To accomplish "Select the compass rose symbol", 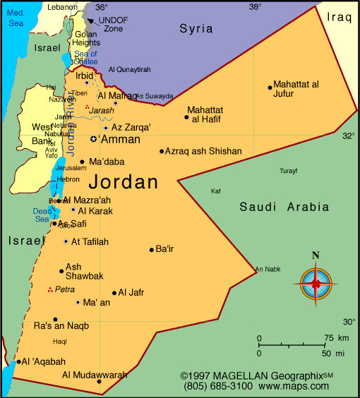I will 316,283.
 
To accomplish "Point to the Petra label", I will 65,289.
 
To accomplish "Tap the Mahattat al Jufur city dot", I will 270,88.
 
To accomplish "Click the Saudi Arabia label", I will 284,207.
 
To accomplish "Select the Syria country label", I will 196,28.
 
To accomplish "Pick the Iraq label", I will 339,16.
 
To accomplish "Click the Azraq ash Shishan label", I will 203,151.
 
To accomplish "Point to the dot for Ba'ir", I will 151,249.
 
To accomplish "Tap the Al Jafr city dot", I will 114,293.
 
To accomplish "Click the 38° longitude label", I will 255,6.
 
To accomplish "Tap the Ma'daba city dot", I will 83,162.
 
